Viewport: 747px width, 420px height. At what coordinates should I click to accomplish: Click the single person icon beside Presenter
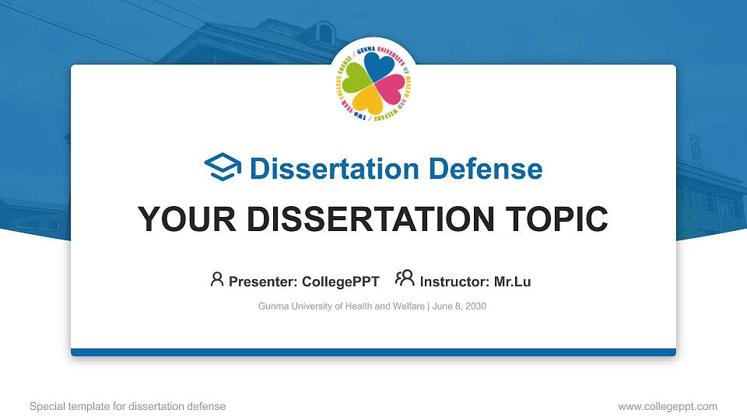217,279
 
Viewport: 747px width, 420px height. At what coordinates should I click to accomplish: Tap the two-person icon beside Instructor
405,279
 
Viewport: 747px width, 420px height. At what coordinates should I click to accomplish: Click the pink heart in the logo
391,89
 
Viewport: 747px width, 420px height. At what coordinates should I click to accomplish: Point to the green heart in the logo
356,78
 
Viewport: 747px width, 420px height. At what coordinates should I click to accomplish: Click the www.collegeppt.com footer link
667,406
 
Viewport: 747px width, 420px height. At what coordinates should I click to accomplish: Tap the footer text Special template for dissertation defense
128,406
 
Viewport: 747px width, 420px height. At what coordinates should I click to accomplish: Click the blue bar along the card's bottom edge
373,352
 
